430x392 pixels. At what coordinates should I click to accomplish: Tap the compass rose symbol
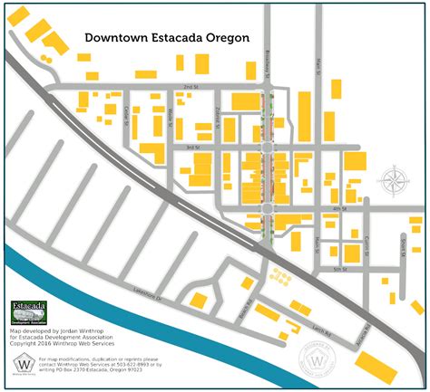395,180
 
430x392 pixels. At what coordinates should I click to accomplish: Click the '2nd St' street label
190,87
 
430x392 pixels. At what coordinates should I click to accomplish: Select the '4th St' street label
339,209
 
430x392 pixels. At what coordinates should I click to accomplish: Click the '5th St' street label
339,269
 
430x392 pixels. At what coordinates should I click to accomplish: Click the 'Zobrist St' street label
219,112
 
